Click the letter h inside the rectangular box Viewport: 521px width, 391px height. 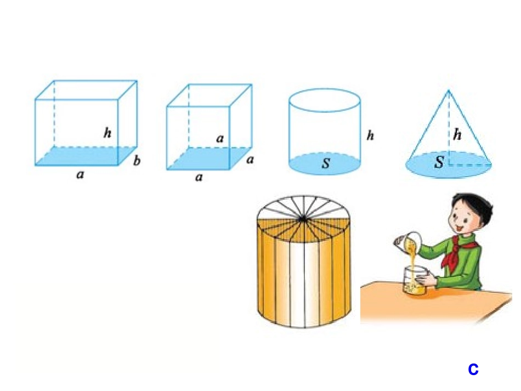[107, 133]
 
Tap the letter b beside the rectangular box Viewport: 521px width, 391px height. [137, 161]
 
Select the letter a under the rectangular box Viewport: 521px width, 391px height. [80, 174]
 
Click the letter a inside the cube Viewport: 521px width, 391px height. [219, 139]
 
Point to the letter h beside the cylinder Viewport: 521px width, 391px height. [370, 135]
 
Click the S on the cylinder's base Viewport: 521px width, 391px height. [326, 163]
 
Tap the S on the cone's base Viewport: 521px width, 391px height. [439, 162]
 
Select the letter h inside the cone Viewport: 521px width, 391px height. [457, 134]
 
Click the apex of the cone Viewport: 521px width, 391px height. [448, 90]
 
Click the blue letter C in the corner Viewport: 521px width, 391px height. [473, 369]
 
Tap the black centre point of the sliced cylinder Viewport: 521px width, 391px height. [303, 219]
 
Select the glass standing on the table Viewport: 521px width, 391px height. [414, 280]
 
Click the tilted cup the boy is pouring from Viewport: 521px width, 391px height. [408, 241]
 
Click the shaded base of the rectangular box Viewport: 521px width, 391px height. [86, 156]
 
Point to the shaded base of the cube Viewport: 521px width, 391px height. [208, 158]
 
